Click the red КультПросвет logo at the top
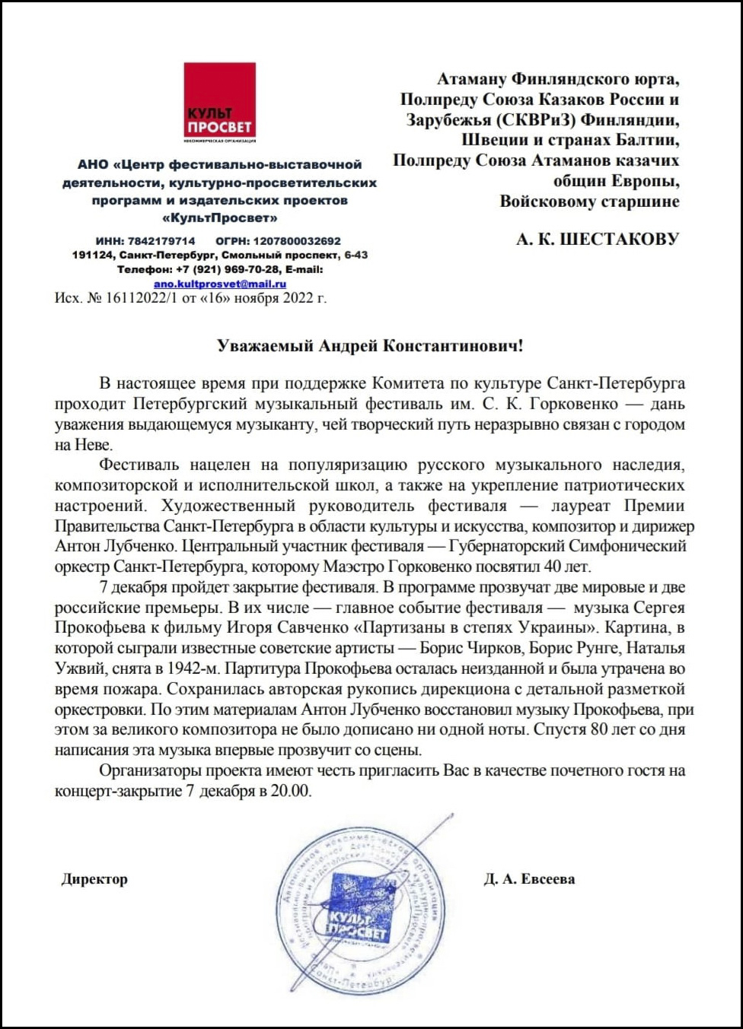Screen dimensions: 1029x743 (x=220, y=100)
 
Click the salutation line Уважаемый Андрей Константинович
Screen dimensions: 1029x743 (x=370, y=346)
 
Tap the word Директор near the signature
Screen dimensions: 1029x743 (x=94, y=879)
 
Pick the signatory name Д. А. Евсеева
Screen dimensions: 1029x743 (x=529, y=879)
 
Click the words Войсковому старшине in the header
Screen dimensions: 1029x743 (x=589, y=202)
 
